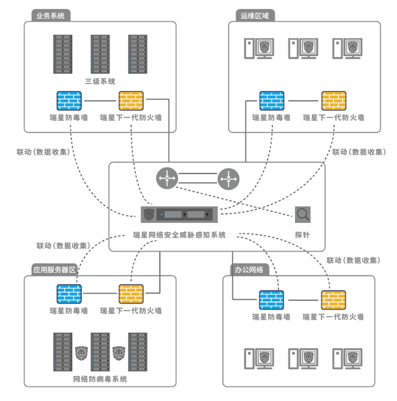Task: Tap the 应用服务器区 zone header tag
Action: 55,268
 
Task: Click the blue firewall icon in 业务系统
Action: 70,101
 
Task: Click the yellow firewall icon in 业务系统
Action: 131,101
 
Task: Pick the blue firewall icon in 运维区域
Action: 272,101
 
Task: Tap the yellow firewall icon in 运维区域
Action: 333,101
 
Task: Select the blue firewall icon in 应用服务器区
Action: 70,294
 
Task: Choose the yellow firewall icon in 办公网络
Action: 333,299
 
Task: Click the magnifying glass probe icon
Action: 302,214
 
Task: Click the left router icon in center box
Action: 167,177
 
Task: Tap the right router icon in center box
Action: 228,177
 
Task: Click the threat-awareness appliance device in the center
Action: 178,214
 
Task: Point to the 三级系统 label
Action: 100,81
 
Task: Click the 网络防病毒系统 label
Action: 100,379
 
